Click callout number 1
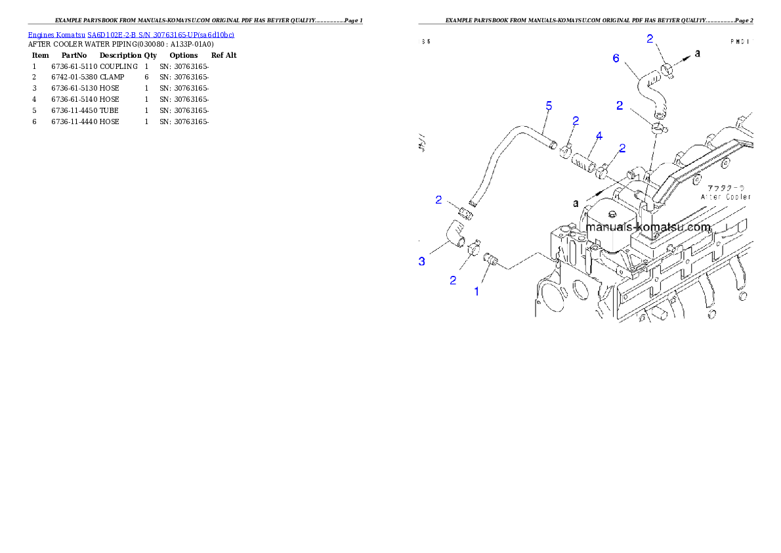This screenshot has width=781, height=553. [477, 290]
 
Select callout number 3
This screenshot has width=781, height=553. [422, 261]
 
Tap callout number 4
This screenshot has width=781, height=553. [599, 136]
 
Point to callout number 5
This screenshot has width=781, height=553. [549, 106]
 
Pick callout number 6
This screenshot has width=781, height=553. [616, 58]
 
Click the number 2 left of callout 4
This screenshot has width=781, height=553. [576, 120]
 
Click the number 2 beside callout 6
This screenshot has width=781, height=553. [650, 39]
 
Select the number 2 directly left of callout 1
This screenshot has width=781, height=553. [453, 280]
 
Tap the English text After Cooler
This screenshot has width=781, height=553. [726, 196]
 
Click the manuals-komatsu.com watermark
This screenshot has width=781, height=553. [648, 227]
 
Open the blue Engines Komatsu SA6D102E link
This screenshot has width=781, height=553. [131, 34]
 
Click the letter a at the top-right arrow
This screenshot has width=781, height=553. [698, 53]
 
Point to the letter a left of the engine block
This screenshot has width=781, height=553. [576, 203]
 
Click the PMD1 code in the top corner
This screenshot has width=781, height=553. [740, 41]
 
